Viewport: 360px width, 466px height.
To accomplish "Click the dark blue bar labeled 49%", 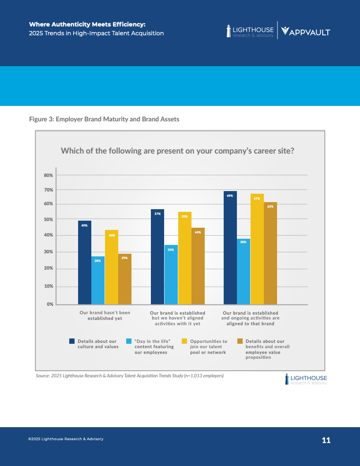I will click(x=85, y=262).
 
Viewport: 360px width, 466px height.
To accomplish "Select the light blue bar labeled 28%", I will click(x=98, y=280).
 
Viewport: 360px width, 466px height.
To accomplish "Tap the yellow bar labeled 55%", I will click(x=184, y=258).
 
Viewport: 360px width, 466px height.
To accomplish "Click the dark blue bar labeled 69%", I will click(x=230, y=248).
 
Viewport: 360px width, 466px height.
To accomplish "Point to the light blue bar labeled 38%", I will click(x=243, y=271).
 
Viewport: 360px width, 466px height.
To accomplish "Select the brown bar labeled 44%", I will click(x=198, y=266).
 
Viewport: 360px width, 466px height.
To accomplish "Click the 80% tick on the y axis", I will click(x=48, y=175).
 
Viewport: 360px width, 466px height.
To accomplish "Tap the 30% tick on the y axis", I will click(x=48, y=252).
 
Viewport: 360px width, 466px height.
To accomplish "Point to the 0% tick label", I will click(x=49, y=304).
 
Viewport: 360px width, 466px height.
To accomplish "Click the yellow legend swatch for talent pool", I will click(x=185, y=341).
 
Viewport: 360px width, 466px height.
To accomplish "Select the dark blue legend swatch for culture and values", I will click(x=72, y=341).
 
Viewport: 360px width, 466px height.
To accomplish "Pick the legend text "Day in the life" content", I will click(x=154, y=347).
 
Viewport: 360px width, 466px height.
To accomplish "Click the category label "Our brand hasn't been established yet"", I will click(x=105, y=316).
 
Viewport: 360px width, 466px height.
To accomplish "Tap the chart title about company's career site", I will click(x=177, y=150).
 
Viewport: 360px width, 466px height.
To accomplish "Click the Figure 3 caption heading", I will click(x=104, y=119).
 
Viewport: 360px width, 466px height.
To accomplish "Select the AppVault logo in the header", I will click(x=305, y=31).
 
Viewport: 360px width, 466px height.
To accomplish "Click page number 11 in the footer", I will click(x=326, y=440).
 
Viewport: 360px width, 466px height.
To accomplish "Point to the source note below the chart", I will click(x=130, y=376).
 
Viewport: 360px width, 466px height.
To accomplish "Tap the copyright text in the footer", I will click(x=66, y=439).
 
